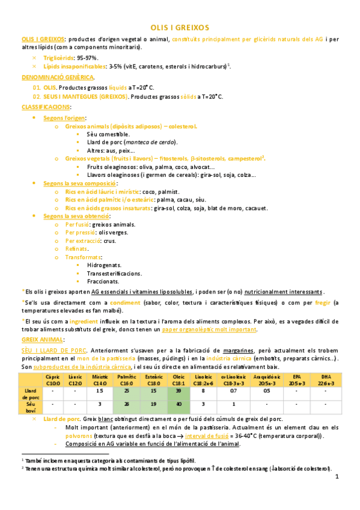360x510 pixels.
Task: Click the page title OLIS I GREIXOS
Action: click(180, 28)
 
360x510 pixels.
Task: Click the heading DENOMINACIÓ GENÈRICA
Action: click(58, 78)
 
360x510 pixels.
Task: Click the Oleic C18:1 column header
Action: click(179, 379)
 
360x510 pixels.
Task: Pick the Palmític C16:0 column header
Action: click(127, 379)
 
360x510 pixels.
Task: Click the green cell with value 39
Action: click(179, 390)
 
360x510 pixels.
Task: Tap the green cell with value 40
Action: click(179, 404)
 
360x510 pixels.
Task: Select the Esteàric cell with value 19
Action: click(153, 404)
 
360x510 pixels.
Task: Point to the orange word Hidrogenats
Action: click(104, 265)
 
